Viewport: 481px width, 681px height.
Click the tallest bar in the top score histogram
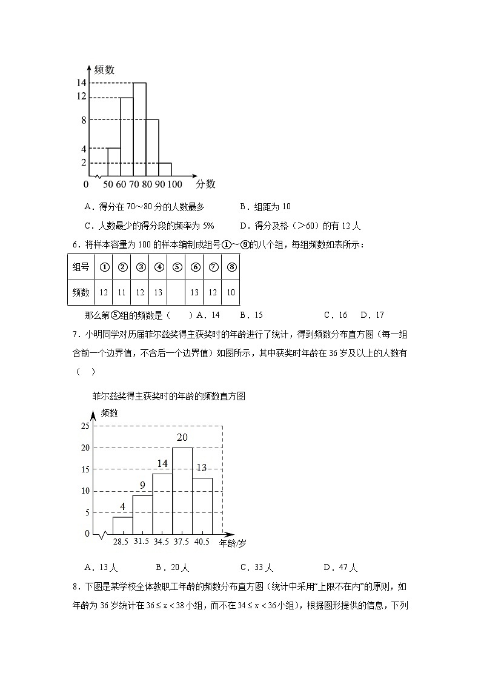pyautogui.click(x=139, y=130)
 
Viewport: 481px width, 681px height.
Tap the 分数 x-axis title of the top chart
pyautogui.click(x=205, y=184)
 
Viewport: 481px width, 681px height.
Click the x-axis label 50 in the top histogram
pyautogui.click(x=108, y=184)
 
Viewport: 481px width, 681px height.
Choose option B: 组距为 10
pyautogui.click(x=265, y=207)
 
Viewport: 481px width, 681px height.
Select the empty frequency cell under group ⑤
pyautogui.click(x=177, y=292)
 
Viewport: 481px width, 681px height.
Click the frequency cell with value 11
pyautogui.click(x=122, y=292)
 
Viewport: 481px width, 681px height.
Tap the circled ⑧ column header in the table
pyautogui.click(x=231, y=266)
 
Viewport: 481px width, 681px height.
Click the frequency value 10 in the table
pyautogui.click(x=231, y=292)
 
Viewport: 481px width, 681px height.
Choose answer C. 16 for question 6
pyautogui.click(x=335, y=315)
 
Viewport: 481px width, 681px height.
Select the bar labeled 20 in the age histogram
pyautogui.click(x=182, y=491)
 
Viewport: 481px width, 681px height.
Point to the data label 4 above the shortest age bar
pyautogui.click(x=122, y=506)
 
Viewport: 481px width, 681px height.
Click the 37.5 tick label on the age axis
pyautogui.click(x=182, y=542)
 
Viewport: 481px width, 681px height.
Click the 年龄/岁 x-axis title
pyautogui.click(x=233, y=543)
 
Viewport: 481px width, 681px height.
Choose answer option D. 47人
pyautogui.click(x=340, y=568)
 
